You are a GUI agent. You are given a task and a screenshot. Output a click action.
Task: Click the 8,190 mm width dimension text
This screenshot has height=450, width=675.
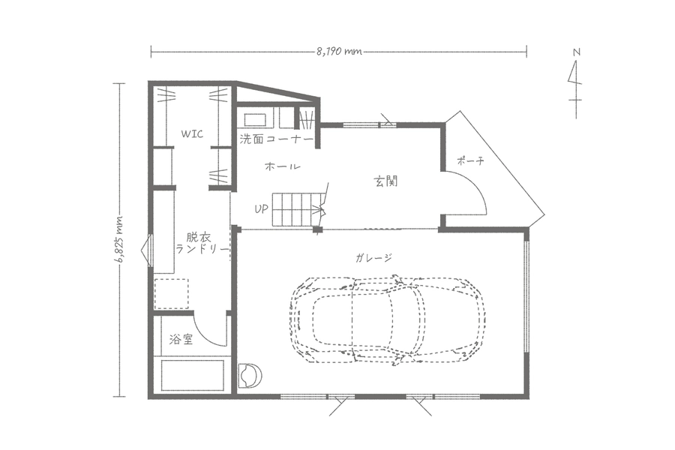tap(339, 52)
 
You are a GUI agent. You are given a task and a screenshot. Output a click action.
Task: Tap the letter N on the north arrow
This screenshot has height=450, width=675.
tap(577, 52)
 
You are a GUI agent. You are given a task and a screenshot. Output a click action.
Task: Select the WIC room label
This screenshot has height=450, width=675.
tap(192, 134)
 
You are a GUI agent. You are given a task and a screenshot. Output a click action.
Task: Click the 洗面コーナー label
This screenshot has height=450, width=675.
tap(276, 139)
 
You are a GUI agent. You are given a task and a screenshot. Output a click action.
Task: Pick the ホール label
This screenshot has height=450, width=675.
tap(283, 166)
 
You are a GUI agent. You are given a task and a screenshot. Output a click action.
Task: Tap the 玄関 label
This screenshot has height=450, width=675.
tap(385, 181)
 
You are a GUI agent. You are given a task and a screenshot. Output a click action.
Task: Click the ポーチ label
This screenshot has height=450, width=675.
tap(470, 161)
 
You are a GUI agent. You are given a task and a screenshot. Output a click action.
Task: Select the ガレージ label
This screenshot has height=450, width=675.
tap(373, 258)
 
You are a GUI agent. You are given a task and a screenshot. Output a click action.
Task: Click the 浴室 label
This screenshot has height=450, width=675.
tap(181, 339)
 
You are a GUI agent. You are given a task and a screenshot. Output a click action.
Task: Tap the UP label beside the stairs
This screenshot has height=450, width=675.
tap(261, 209)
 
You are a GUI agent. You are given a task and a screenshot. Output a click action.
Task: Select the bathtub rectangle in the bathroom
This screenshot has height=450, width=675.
tap(193, 375)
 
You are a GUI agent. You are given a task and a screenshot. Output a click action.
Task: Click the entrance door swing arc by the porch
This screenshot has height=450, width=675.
tap(478, 185)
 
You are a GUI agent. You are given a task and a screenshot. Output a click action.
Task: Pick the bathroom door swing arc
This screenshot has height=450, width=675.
tap(203, 335)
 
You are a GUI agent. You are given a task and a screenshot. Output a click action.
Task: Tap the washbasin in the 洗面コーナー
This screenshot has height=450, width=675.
tap(256, 119)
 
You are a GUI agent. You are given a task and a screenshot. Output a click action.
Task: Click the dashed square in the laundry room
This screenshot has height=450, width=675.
tap(171, 294)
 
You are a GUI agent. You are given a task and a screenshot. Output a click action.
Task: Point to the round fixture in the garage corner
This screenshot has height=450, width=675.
tap(250, 375)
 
